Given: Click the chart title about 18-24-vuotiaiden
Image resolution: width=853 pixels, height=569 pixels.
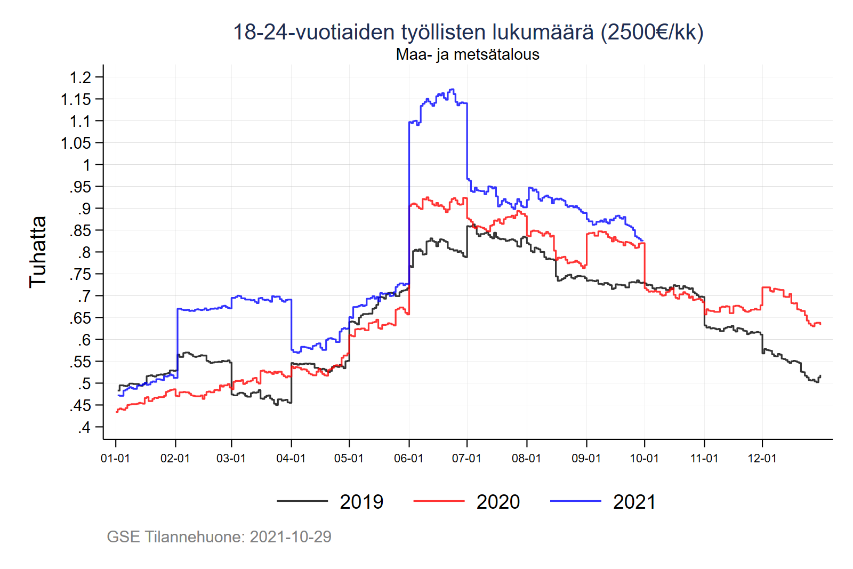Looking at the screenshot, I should [x=468, y=32].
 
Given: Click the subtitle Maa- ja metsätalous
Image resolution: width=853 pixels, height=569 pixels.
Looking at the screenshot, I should [x=468, y=54].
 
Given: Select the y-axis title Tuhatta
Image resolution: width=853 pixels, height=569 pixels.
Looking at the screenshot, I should [x=38, y=252].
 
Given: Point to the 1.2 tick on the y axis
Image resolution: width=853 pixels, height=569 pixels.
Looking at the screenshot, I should [x=81, y=78].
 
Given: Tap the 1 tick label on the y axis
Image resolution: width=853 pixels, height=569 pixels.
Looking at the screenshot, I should [x=87, y=165].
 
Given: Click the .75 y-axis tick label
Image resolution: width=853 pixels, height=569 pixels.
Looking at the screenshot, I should [x=81, y=275].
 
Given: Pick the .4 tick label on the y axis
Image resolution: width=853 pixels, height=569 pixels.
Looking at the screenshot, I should [x=84, y=428].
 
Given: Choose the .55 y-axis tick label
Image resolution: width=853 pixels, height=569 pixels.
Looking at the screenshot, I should [x=81, y=362].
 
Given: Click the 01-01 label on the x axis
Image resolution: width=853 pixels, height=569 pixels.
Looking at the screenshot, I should [x=115, y=459].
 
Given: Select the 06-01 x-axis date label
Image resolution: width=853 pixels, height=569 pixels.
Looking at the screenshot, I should [x=408, y=459].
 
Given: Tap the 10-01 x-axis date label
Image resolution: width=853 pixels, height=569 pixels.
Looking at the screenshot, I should [x=644, y=459].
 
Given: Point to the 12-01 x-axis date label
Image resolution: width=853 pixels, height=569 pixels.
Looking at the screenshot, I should [x=762, y=459].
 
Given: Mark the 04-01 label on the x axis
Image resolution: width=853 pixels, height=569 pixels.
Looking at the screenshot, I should [x=291, y=459].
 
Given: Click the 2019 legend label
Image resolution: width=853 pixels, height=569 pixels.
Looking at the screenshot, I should [x=361, y=502].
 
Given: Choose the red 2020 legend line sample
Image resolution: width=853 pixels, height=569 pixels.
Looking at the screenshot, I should [x=439, y=501].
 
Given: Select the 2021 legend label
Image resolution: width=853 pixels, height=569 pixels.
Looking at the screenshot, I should [x=634, y=502].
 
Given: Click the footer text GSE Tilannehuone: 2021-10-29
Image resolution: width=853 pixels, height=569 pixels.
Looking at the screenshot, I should [x=219, y=536].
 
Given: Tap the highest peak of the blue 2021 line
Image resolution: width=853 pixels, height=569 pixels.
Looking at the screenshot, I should [x=452, y=90].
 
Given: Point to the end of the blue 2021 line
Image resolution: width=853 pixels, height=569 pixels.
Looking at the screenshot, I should [x=642, y=241].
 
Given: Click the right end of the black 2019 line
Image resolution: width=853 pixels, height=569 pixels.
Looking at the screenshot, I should [x=820, y=376].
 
